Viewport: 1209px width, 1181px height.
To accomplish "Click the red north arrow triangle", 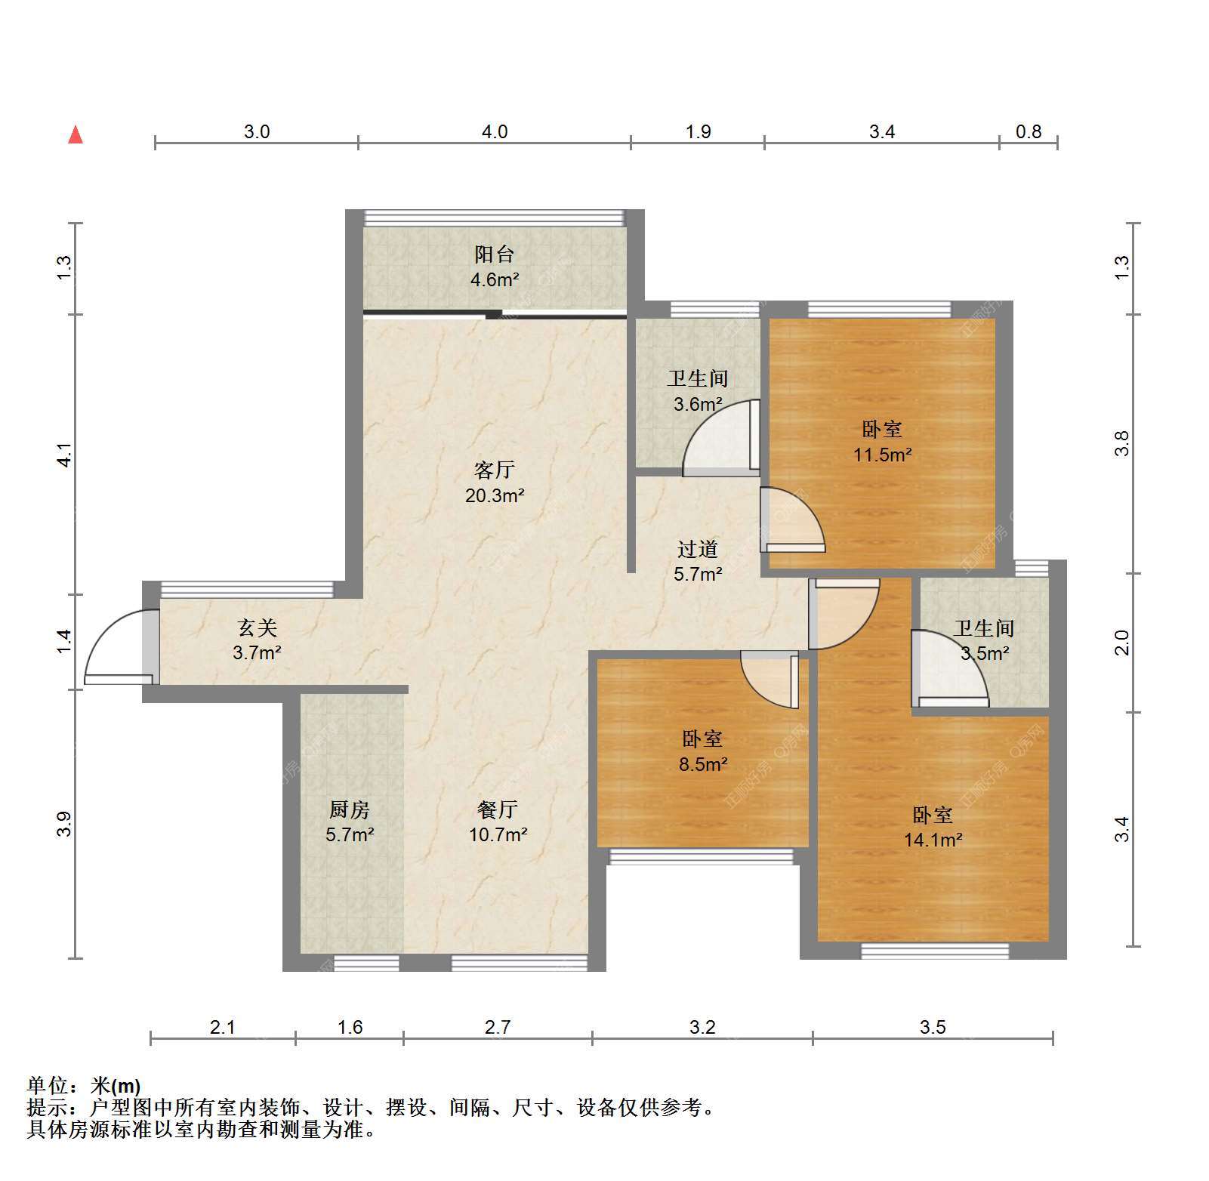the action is coord(76,134).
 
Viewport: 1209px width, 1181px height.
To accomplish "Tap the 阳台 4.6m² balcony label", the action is coord(495,267).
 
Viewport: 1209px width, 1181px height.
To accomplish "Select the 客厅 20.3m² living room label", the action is coord(495,483).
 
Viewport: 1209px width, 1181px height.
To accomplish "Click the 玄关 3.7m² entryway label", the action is coord(258,640).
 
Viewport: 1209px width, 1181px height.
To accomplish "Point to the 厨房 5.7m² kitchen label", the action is coord(350,822).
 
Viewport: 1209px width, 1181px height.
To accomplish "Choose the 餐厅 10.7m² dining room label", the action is coord(498,822).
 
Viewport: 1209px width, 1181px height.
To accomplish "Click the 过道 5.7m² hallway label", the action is coord(698,561).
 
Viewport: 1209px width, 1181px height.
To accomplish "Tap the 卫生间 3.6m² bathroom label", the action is coord(698,390).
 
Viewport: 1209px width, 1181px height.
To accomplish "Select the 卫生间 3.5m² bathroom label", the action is coord(984,640).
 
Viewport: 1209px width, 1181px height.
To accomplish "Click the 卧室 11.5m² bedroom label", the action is coord(882,442).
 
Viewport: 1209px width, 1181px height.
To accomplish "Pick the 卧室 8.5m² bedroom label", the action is coord(702,751).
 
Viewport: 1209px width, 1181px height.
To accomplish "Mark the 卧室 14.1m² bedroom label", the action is coord(933,827).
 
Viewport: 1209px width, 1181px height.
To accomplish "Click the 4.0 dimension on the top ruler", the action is coord(495,132).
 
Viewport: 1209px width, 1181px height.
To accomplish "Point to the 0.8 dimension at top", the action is coord(1028,132).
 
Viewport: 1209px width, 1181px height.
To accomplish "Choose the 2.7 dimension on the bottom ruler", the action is coord(498,1027).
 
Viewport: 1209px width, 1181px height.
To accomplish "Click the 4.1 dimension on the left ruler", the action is coord(65,455).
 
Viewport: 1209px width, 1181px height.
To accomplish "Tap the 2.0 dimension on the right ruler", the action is coord(1122,642).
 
